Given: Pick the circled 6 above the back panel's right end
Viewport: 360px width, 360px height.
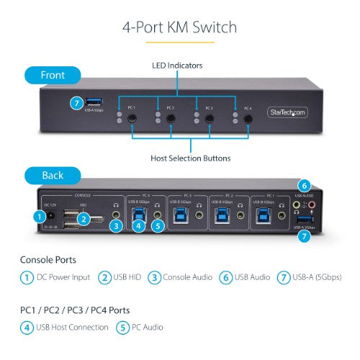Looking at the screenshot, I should pos(305,185).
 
